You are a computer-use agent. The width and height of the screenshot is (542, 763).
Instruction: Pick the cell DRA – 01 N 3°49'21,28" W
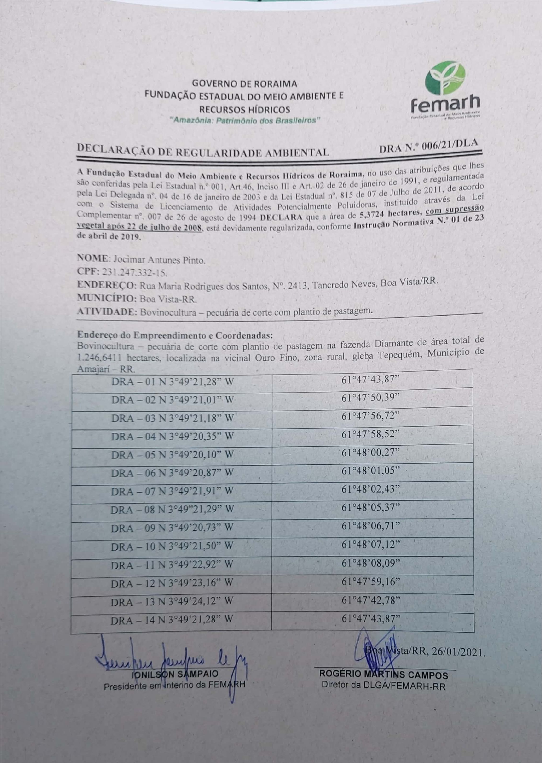pos(172,382)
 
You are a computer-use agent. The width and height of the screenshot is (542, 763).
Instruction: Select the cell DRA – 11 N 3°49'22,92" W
pos(172,564)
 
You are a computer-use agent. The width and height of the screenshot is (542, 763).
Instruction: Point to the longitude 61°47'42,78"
pos(371,600)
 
